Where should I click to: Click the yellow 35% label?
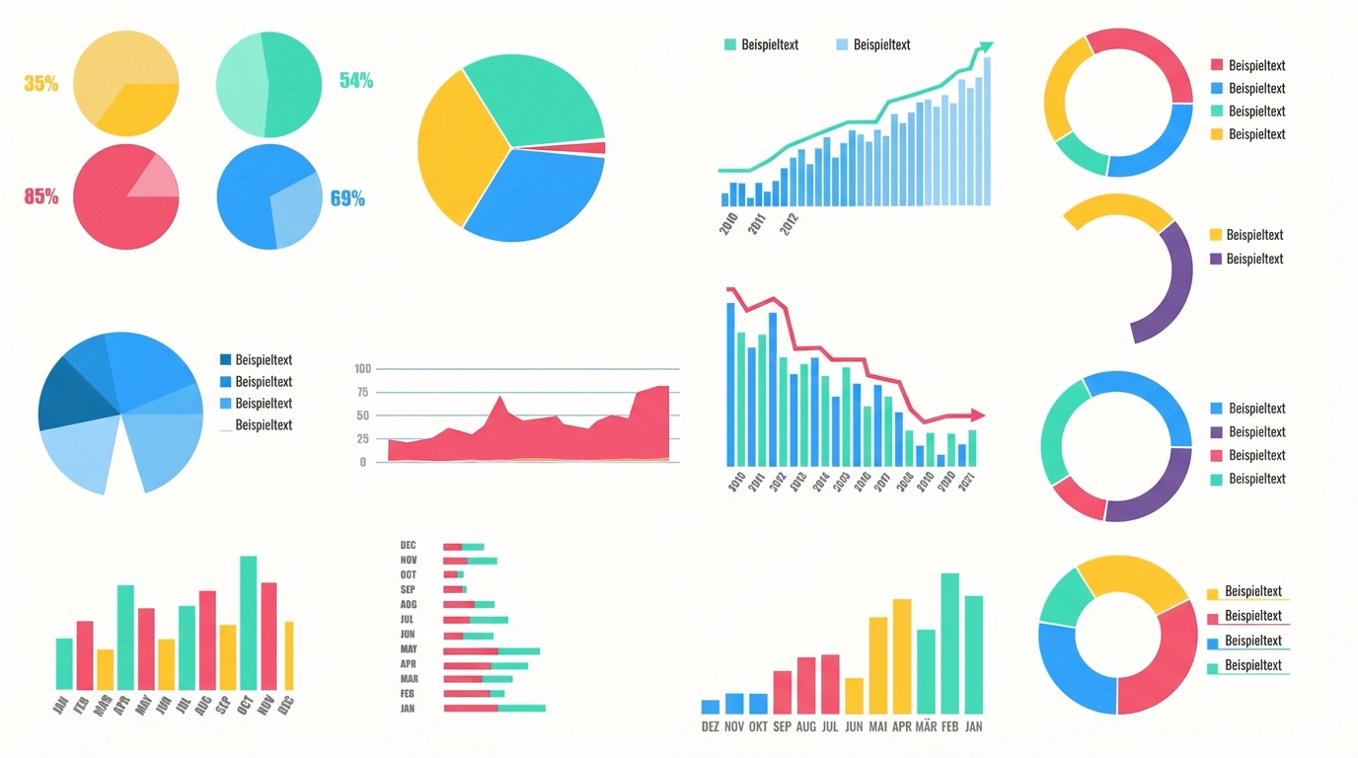pyautogui.click(x=40, y=84)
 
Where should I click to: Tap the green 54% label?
pyautogui.click(x=356, y=81)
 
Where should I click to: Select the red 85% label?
pyautogui.click(x=40, y=196)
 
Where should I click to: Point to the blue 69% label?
pyautogui.click(x=347, y=198)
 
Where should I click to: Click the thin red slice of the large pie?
pyautogui.click(x=588, y=148)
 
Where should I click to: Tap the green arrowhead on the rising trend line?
pyautogui.click(x=985, y=47)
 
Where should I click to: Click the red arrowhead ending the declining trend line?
pyautogui.click(x=977, y=416)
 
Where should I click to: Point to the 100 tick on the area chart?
pyautogui.click(x=361, y=369)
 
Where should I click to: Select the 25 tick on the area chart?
pyautogui.click(x=362, y=439)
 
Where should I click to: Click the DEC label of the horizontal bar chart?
pyautogui.click(x=409, y=546)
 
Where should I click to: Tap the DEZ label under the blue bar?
pyautogui.click(x=711, y=726)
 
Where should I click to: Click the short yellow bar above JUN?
pyautogui.click(x=854, y=695)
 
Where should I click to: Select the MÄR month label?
pyautogui.click(x=926, y=726)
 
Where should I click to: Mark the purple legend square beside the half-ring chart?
pyautogui.click(x=1216, y=259)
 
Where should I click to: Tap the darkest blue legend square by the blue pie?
pyautogui.click(x=226, y=360)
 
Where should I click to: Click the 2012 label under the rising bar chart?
pyautogui.click(x=789, y=225)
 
